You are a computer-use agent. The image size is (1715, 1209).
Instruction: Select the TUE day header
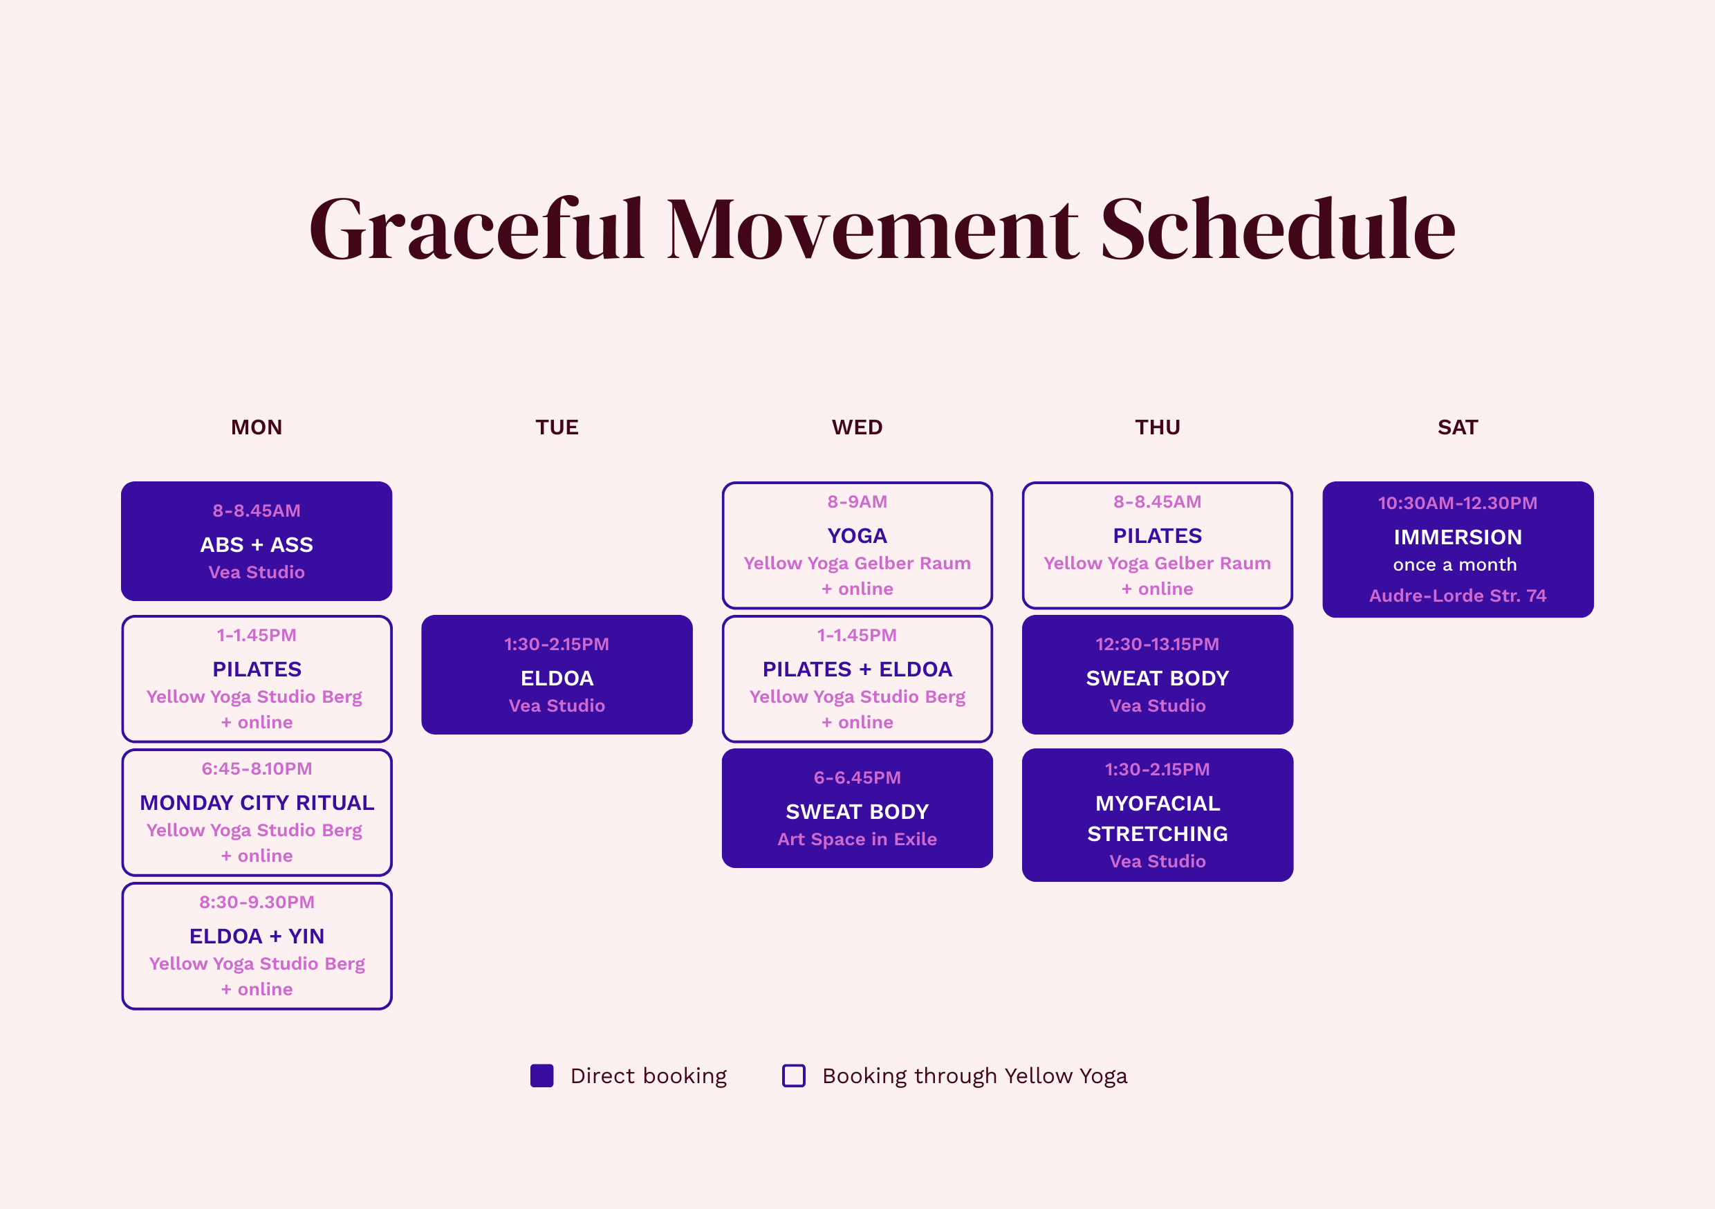pos(557,427)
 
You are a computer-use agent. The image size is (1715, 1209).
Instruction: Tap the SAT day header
pos(1457,427)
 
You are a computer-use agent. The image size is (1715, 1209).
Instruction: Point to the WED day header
pos(857,427)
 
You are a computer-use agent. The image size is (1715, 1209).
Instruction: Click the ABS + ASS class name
pos(256,545)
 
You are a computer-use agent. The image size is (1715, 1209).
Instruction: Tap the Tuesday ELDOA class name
pos(557,679)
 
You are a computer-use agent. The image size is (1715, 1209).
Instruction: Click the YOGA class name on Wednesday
pos(857,536)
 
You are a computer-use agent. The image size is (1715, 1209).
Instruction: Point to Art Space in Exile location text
pos(857,839)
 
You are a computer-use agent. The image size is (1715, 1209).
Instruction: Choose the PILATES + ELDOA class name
pos(857,670)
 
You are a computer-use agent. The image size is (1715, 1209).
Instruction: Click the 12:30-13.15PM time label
pos(1158,644)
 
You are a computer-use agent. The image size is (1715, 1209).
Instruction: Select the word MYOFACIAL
pos(1158,803)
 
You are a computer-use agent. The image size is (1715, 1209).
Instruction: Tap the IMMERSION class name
pos(1457,537)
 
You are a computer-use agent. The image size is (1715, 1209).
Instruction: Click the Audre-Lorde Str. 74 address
pos(1457,596)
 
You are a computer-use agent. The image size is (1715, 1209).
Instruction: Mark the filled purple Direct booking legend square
pos(541,1076)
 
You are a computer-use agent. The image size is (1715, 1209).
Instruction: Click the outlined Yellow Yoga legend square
pos(793,1076)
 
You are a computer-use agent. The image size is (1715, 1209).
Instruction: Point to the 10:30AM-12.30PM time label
pos(1457,503)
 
